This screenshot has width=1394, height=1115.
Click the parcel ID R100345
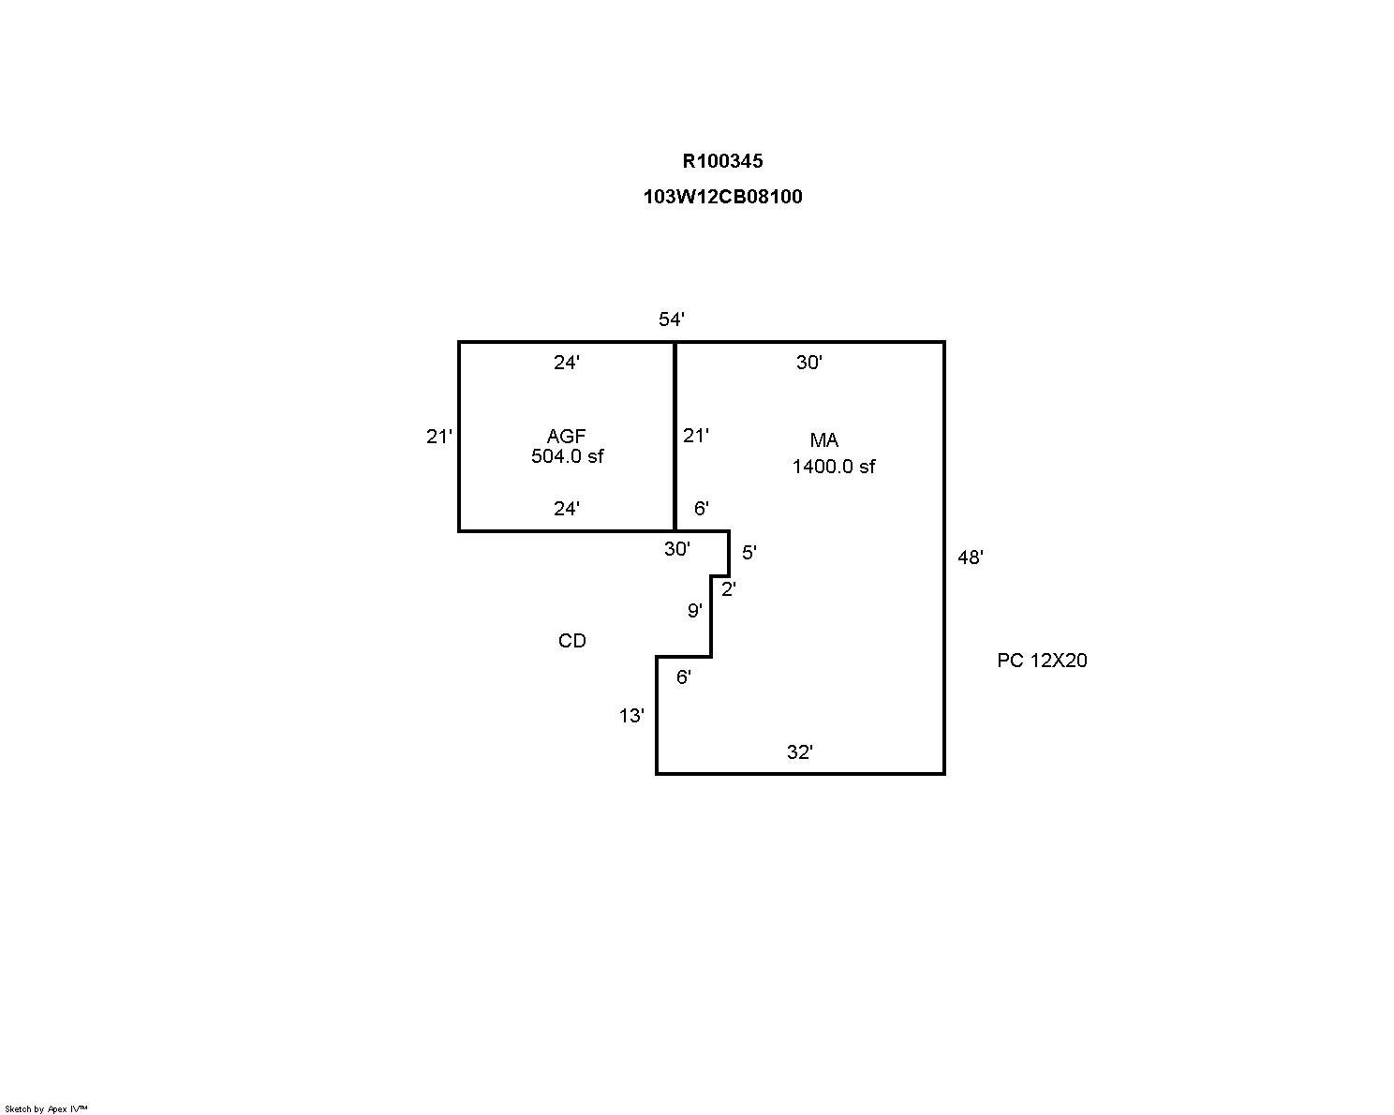click(x=722, y=161)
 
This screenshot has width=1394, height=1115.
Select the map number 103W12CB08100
click(x=722, y=197)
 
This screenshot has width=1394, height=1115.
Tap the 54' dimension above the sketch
click(x=672, y=320)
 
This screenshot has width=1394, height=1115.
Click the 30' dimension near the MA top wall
click(x=809, y=363)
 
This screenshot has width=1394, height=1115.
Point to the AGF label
click(x=566, y=437)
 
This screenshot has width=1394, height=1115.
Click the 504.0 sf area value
click(x=567, y=456)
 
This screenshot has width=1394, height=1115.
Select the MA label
click(x=824, y=440)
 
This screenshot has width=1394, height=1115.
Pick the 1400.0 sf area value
click(x=834, y=467)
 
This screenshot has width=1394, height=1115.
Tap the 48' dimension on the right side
click(x=970, y=557)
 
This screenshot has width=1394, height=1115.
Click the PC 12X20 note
click(x=1042, y=661)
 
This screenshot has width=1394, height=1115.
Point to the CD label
click(x=572, y=641)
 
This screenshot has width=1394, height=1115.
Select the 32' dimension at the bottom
click(x=799, y=752)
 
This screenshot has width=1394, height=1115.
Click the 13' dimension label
click(x=631, y=716)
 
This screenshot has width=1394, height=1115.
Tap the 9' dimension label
click(x=695, y=611)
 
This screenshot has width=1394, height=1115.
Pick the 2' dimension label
click(x=729, y=589)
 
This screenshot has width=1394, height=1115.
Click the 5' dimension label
click(x=749, y=553)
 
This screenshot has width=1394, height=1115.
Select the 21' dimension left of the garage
click(x=439, y=437)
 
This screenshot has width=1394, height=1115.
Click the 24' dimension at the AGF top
click(x=566, y=363)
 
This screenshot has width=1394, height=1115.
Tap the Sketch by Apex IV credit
click(x=46, y=1108)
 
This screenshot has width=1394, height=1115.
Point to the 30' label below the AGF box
click(x=677, y=549)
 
